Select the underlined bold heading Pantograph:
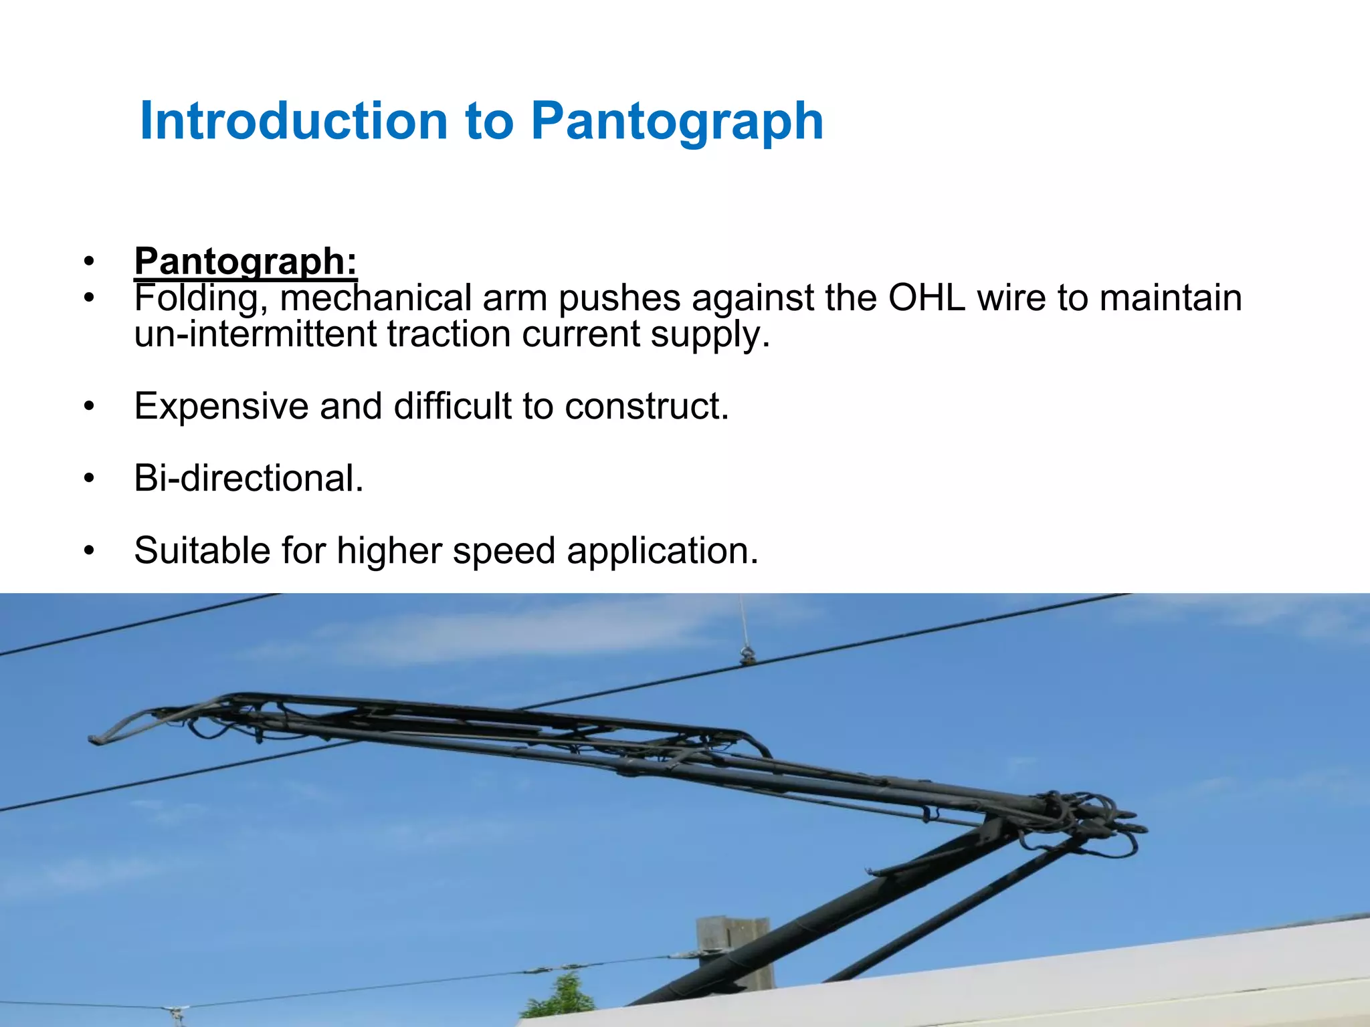[x=246, y=261]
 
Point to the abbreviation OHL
[x=926, y=298]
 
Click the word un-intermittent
[x=255, y=334]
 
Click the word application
[x=662, y=552]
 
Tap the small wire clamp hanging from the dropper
[x=747, y=656]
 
